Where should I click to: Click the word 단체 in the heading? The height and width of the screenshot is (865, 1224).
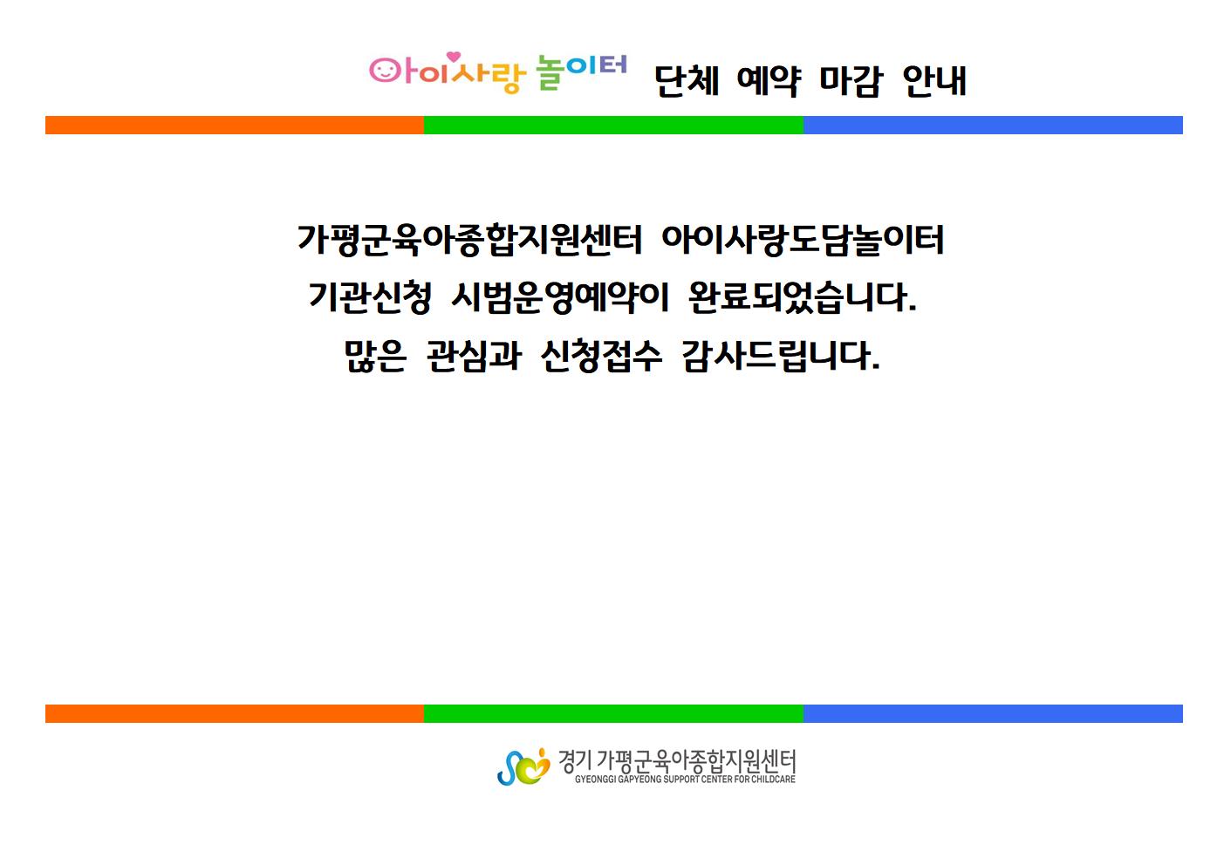coord(687,81)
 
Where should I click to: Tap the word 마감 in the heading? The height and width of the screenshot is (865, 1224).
coord(851,81)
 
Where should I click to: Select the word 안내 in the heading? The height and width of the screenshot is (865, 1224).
coord(934,81)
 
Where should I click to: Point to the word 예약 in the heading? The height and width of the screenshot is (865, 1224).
coord(769,81)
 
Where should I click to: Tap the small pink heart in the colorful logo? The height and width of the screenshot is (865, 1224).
coord(454,57)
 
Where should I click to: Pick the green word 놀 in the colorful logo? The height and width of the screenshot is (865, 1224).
coord(550,72)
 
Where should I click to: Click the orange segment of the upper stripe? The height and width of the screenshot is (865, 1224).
coord(235,125)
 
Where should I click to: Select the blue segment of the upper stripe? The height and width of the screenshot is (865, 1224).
coord(993,125)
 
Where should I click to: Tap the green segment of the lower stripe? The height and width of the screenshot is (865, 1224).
coord(613,714)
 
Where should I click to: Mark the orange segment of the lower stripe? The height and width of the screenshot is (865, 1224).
coord(235,714)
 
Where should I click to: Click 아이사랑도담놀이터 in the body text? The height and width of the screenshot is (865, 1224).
coord(803,241)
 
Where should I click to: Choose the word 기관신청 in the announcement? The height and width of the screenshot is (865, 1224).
coord(370,297)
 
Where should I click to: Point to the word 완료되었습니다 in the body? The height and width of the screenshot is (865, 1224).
coord(802,297)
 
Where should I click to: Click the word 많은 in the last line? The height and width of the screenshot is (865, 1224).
coord(375,356)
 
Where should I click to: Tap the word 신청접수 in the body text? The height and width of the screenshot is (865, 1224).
coord(601,356)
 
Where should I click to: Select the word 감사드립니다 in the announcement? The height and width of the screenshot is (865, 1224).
coord(782,356)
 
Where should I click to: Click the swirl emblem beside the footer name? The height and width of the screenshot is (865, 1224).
coord(523,766)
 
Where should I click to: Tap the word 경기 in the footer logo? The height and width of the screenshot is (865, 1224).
coord(574,761)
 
